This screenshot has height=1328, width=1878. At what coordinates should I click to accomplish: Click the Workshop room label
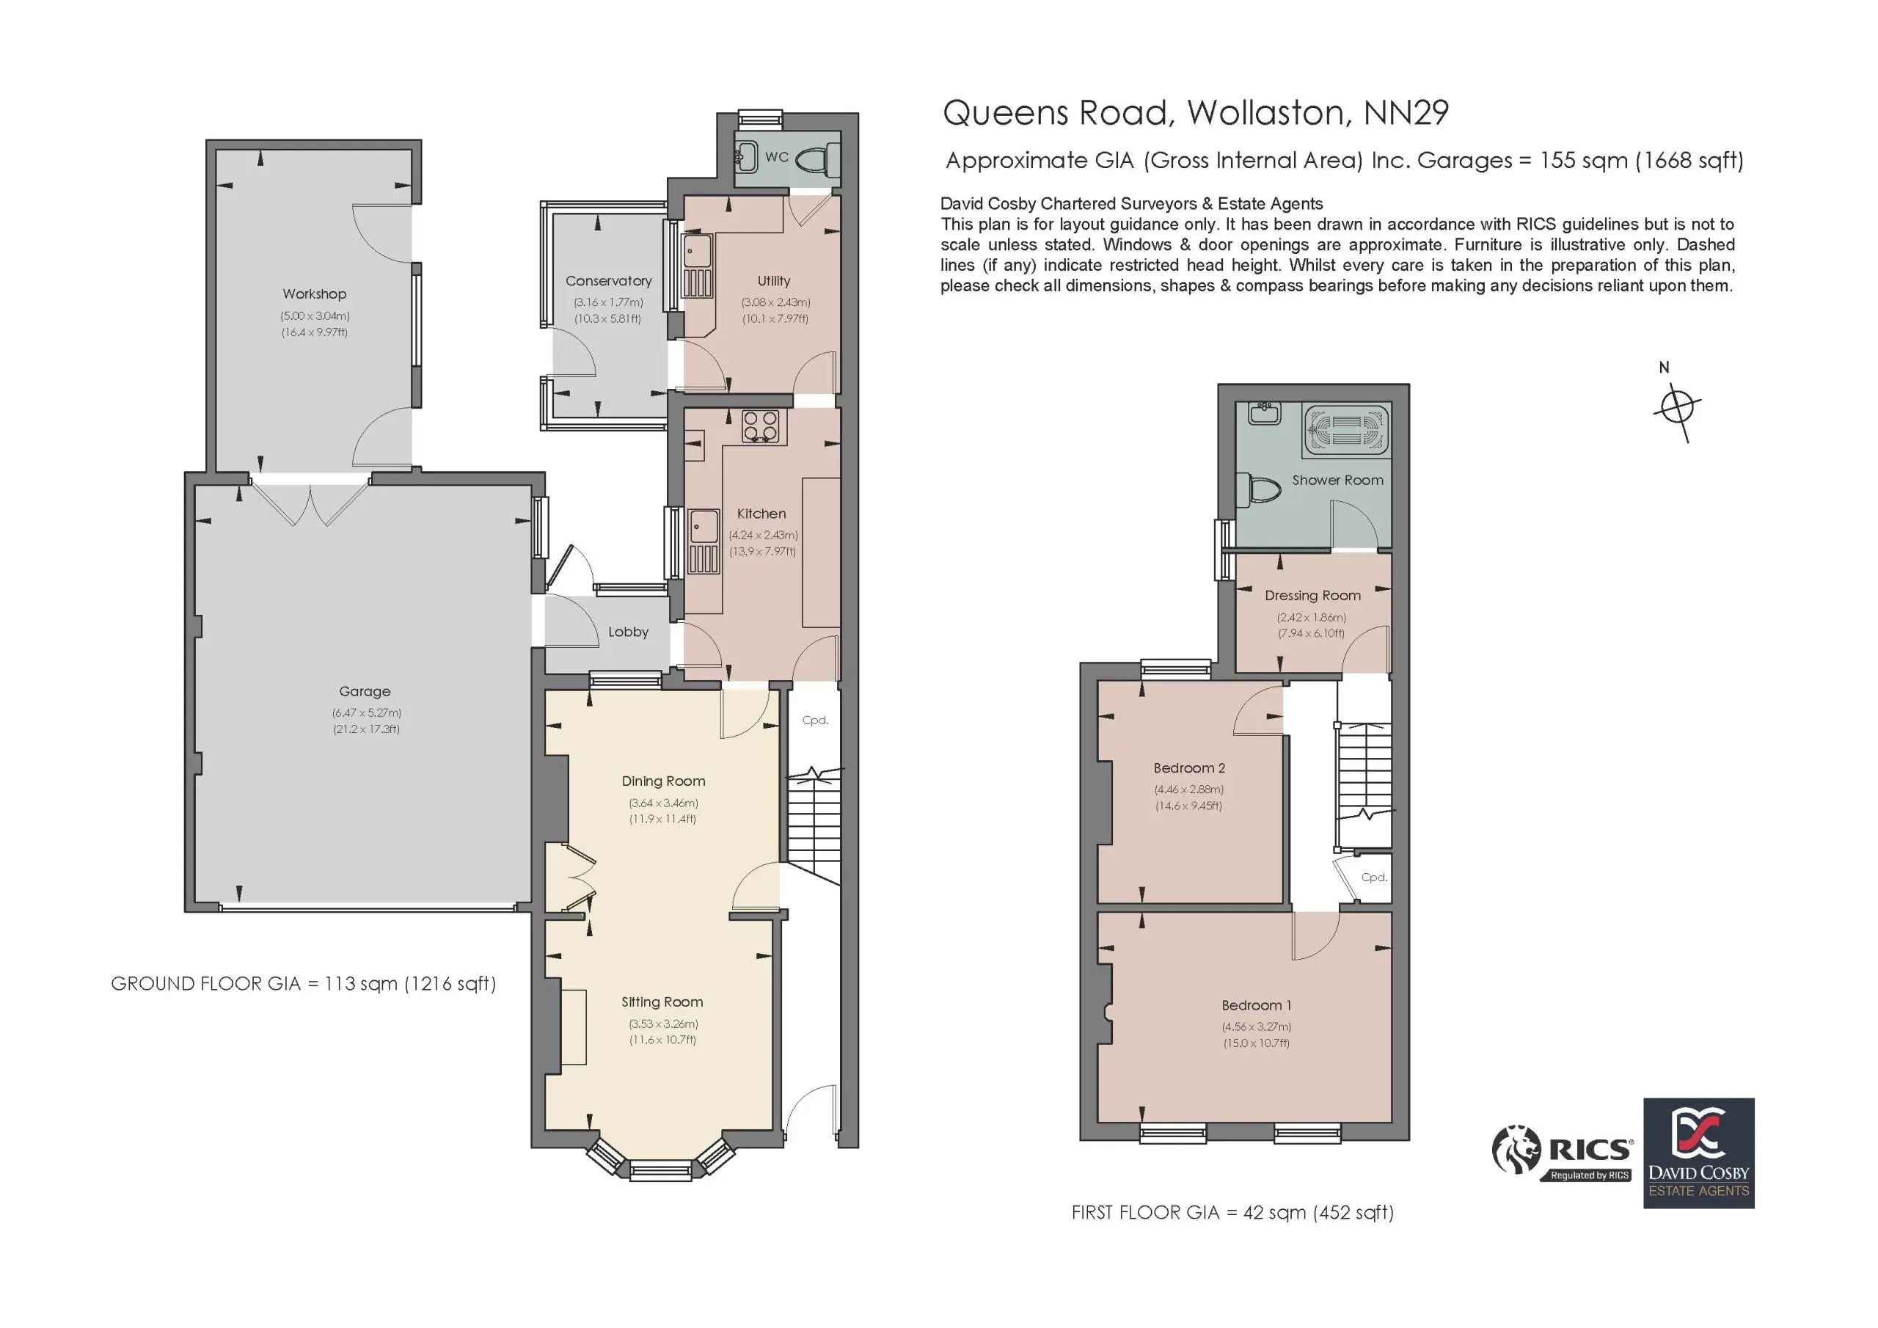point(314,293)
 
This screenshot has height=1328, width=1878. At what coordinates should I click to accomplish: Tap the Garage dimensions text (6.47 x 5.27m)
point(365,712)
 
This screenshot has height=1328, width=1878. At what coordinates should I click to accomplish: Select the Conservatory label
point(609,282)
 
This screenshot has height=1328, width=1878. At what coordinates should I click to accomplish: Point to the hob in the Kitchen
point(761,426)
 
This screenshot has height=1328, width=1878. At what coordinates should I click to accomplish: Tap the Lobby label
point(628,632)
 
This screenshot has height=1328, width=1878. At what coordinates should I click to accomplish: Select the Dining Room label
point(663,781)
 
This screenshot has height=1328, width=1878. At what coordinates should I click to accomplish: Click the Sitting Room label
point(662,1002)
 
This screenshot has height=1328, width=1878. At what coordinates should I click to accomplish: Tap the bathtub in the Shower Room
point(1345,428)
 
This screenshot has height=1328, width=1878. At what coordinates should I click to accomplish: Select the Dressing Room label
point(1313,596)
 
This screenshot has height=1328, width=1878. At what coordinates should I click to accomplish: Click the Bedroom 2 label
point(1189,768)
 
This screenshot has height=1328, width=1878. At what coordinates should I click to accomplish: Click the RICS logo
point(1563,1152)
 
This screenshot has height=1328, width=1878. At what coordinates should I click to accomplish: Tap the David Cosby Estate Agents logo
point(1699,1153)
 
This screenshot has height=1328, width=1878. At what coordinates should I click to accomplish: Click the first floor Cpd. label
point(1374,878)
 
